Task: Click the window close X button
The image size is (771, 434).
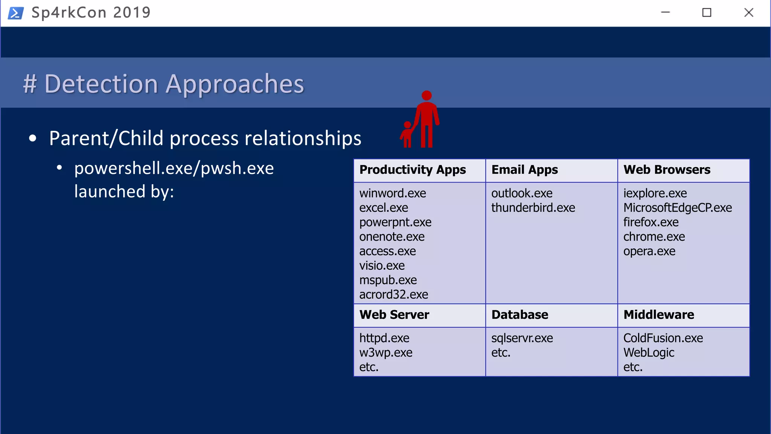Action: (x=748, y=12)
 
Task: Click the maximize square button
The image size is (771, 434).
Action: (x=707, y=12)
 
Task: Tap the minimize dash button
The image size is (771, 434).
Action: (x=665, y=12)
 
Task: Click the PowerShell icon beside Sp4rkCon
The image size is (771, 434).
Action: (x=15, y=13)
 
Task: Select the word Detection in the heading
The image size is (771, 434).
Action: (x=101, y=84)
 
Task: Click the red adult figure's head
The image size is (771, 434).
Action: (x=427, y=95)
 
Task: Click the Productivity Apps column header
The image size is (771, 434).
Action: (x=412, y=170)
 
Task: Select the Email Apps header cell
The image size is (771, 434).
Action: (x=524, y=170)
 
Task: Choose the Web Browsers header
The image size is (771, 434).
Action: (x=667, y=170)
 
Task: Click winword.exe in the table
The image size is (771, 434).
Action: (x=392, y=193)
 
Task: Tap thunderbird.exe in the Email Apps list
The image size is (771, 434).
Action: (x=533, y=208)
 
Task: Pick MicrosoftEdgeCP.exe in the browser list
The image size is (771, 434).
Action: (x=677, y=208)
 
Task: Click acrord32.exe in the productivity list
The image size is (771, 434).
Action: (x=393, y=294)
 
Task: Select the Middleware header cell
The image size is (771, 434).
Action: (x=658, y=315)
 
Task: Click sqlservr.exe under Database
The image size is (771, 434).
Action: (x=522, y=338)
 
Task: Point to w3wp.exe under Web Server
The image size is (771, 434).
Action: (x=385, y=353)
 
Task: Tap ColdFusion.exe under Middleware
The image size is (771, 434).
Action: (x=663, y=338)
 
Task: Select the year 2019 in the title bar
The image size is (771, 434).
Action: (x=131, y=12)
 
